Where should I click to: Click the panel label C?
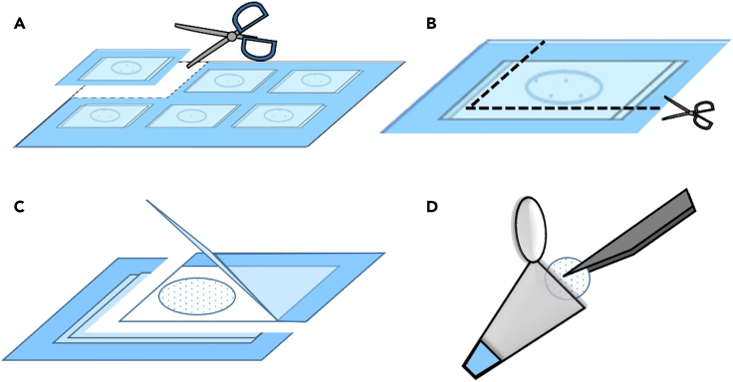(x=20, y=208)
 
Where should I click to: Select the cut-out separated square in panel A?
(x=124, y=69)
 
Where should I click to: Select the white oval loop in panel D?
(x=530, y=227)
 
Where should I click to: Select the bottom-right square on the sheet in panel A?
(x=270, y=115)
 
